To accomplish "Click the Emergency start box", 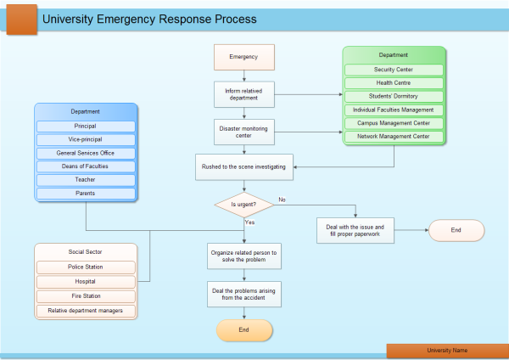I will click(x=243, y=57).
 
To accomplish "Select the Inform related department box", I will click(x=243, y=93).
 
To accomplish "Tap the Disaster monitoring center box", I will click(x=243, y=132).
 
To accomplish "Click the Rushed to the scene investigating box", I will click(x=243, y=167).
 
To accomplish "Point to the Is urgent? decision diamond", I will click(x=243, y=205).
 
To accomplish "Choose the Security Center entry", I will click(x=394, y=70).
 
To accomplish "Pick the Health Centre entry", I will click(x=394, y=83).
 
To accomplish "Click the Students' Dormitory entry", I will click(x=394, y=97).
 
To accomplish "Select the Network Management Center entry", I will click(x=394, y=136).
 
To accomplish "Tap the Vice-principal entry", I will click(x=85, y=139).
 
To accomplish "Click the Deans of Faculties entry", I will click(x=85, y=166).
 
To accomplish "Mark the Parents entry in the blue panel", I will click(x=85, y=194).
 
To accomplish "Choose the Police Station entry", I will click(x=85, y=267).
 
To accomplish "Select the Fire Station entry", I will click(x=85, y=296).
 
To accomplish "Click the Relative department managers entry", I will click(x=85, y=311).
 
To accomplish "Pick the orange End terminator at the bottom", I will click(x=243, y=329).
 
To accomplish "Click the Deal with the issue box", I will click(x=356, y=230).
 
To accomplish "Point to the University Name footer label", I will click(x=446, y=350).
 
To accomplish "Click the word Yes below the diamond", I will click(x=250, y=222).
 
